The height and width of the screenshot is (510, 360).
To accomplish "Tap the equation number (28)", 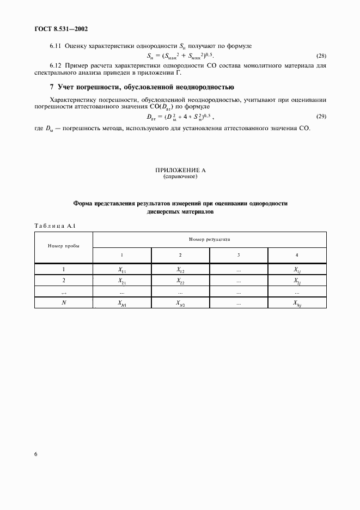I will point(321,56).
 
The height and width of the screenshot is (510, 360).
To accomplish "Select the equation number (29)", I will point(321,117).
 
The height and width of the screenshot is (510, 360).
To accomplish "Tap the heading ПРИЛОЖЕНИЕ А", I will point(180,171).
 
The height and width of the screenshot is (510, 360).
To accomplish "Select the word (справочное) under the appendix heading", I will point(180,177).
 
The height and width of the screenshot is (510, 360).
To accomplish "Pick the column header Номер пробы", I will point(64,246).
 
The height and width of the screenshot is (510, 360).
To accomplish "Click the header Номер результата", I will point(210,239).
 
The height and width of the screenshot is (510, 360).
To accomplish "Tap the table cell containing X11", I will point(122,269).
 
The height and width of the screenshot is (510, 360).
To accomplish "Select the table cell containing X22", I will point(180,281).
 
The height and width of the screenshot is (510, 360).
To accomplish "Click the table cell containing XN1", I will point(122,303).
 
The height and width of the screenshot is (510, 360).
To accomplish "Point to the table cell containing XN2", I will point(180,303).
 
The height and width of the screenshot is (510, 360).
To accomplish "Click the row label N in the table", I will point(64,303).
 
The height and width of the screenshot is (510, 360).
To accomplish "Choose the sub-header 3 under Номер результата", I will point(239,255).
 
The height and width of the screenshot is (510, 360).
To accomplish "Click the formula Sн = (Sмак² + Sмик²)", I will point(180,56).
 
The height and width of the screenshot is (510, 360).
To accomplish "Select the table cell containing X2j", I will point(297,281).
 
